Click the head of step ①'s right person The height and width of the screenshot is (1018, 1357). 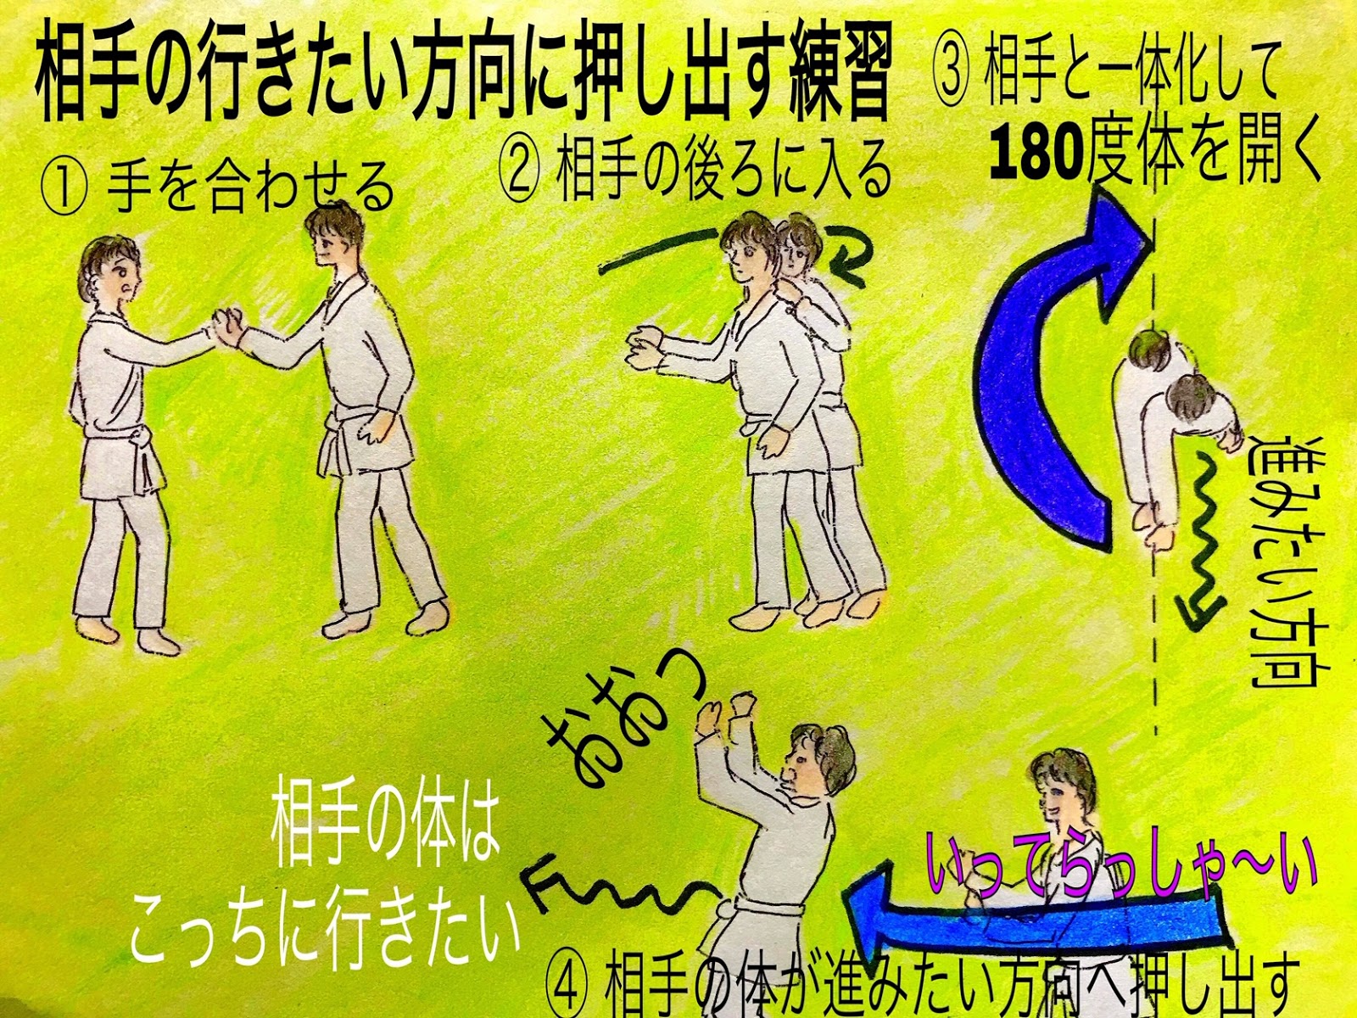(x=332, y=238)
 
